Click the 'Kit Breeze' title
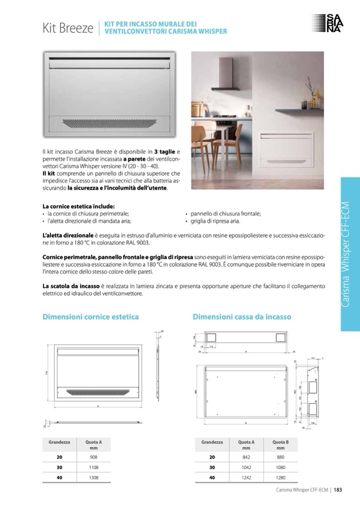pos(68,28)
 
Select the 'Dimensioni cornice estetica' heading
pos(90,317)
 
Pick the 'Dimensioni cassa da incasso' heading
pos(242,317)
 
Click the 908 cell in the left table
pos(93,457)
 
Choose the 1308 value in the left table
pos(93,478)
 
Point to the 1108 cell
pos(93,468)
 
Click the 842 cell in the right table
pos(246,457)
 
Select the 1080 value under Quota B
pos(280,468)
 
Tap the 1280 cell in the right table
pos(280,478)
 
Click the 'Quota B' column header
pos(280,442)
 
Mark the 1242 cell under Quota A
pos(246,478)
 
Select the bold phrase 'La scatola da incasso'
pos(71,286)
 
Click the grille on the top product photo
pos(110,123)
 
